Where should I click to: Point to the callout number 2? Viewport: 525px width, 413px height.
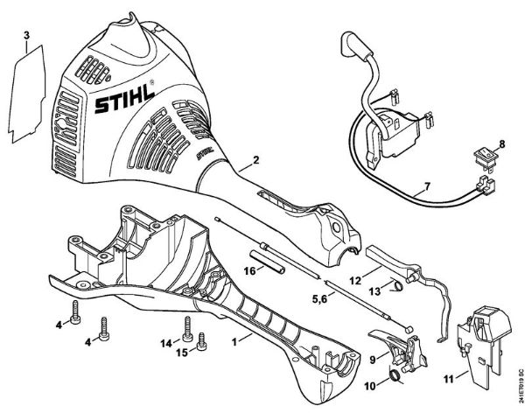[255, 160]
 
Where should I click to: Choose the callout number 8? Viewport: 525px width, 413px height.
[501, 142]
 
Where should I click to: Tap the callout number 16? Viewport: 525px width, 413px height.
[249, 270]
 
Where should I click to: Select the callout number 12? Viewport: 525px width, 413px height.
[354, 281]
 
